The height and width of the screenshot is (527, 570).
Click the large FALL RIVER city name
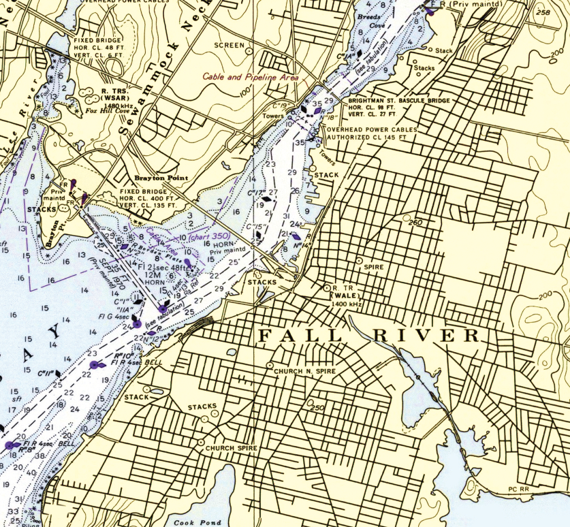[368, 336]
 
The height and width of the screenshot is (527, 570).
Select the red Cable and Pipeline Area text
[251, 78]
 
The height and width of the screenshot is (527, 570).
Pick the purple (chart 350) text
[211, 237]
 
